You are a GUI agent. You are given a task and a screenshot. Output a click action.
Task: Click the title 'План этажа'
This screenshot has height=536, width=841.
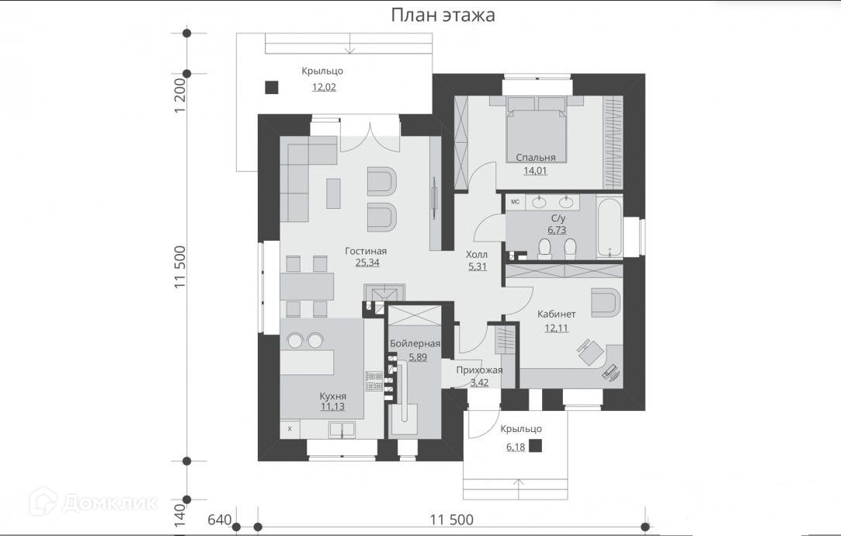[x=443, y=15]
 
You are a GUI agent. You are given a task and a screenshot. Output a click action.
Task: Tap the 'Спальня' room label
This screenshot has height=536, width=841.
[x=536, y=157]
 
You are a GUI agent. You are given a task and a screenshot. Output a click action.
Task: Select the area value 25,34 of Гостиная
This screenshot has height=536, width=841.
[x=367, y=263]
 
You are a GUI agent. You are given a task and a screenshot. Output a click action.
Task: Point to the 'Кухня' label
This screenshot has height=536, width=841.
[x=332, y=396]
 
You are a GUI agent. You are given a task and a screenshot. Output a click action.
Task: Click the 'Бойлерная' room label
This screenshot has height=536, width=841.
[x=415, y=343]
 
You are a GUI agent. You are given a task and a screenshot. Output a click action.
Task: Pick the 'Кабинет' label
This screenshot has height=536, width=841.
[x=557, y=315]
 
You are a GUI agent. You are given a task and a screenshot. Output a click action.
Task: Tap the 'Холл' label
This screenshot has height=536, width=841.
[x=477, y=254]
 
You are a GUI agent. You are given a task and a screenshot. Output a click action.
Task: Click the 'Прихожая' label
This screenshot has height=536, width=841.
[x=479, y=371]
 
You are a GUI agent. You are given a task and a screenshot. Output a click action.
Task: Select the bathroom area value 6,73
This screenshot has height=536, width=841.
[x=557, y=230]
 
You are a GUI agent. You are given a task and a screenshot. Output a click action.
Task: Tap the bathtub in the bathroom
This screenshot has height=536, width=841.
[x=610, y=228]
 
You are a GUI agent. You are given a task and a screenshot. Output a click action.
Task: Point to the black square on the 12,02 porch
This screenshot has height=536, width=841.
[x=272, y=88]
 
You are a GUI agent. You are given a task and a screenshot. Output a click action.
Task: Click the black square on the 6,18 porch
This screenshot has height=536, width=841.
[x=535, y=446]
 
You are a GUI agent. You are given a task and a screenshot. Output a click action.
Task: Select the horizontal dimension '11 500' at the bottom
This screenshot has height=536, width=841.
[x=452, y=520]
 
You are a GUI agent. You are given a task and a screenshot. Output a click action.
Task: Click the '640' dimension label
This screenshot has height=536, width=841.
[x=219, y=520]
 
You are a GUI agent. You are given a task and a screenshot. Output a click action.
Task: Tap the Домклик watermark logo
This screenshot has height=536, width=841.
[x=43, y=501]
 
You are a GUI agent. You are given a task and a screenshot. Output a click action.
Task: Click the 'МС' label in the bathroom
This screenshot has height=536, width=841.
[x=516, y=202]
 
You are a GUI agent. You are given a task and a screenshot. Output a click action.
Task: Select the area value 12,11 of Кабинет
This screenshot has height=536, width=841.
[x=557, y=329]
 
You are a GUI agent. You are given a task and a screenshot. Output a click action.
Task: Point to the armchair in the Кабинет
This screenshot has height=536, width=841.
[x=606, y=303]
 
